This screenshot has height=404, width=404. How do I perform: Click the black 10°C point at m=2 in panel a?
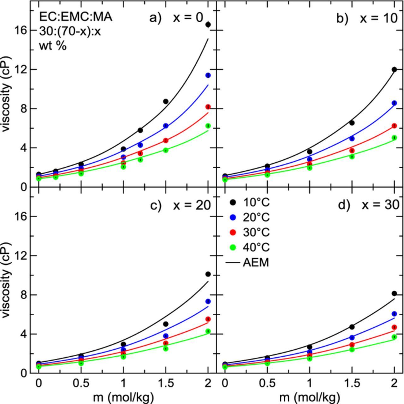click(208, 25)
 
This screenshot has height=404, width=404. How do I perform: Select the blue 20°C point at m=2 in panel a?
click(208, 75)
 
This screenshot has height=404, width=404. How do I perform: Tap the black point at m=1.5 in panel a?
click(166, 101)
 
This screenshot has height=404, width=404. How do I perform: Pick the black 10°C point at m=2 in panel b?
click(394, 69)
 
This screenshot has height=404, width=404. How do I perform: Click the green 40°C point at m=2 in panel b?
click(394, 138)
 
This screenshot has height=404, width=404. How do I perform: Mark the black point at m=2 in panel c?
click(208, 274)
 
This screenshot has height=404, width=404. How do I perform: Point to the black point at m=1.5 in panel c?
click(166, 324)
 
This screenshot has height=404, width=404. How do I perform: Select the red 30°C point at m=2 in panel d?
click(394, 327)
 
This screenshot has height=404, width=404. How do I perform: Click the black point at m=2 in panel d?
click(394, 294)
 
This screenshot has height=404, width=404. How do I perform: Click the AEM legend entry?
click(248, 262)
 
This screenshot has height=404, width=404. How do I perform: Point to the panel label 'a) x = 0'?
click(176, 18)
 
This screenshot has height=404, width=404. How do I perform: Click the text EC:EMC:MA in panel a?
click(75, 17)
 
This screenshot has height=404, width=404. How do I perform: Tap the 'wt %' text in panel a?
click(53, 46)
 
